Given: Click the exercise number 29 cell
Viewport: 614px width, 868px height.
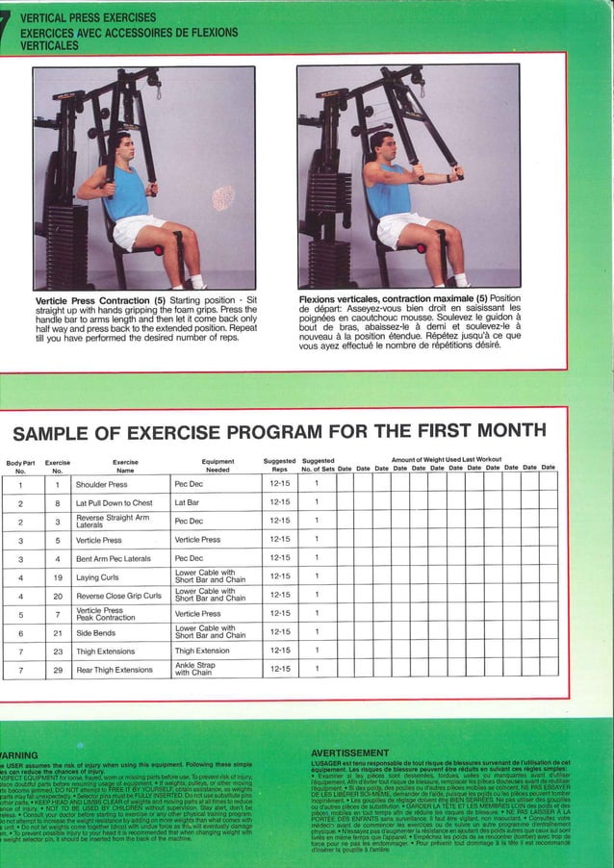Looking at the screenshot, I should coord(58,669).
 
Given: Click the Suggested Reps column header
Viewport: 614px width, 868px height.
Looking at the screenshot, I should coord(280,466).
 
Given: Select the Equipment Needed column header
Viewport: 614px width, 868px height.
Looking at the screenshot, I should coord(217,466).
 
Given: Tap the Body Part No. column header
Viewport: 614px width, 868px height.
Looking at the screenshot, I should coord(20,466).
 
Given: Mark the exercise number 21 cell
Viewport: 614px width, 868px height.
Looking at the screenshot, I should coord(58,632).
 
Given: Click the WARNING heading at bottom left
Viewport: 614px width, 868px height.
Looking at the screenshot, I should coord(19,753).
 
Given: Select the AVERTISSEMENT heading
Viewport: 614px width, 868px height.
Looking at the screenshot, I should coord(350,753).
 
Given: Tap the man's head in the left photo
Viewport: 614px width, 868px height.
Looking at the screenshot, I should coord(116,147).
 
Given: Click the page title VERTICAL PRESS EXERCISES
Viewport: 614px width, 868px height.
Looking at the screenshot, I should coord(88,18).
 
